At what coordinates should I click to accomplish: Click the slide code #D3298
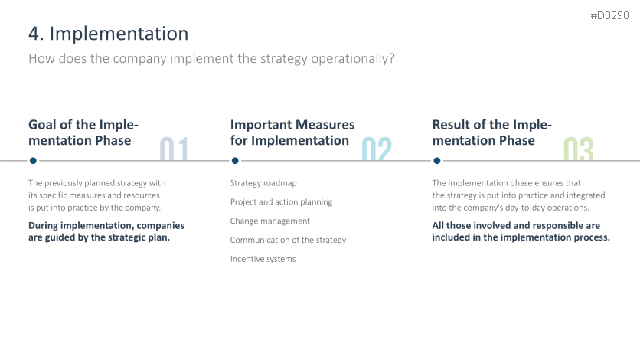coord(609,15)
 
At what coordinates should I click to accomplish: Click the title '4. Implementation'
coord(109,34)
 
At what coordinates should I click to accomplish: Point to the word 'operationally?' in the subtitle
coord(353,59)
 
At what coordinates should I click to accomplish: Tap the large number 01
coord(174,149)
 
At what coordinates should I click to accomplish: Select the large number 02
coord(377,149)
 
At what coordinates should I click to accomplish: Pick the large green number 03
coord(578,149)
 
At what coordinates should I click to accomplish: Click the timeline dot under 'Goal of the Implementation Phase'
coord(33,161)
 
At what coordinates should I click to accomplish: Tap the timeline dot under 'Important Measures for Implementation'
coord(235,161)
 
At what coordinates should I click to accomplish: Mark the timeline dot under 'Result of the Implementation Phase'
coord(436,161)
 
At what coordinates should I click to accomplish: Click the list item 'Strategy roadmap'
coord(263,183)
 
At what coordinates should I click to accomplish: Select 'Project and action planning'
coord(281,202)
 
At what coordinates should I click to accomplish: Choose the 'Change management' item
coord(269,221)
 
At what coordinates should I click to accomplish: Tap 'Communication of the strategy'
coord(288,240)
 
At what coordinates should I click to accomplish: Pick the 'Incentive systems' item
coord(263,259)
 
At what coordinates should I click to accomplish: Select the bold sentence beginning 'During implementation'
coord(106,231)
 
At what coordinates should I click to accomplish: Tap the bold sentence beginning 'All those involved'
coord(521,231)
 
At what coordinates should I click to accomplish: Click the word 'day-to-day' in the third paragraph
coord(525,208)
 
